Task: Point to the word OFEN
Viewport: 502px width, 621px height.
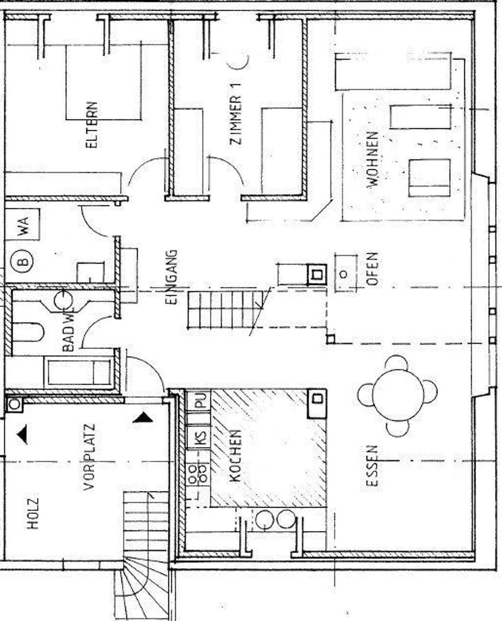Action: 372,269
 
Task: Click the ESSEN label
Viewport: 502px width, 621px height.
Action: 372,466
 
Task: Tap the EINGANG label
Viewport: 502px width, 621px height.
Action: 172,277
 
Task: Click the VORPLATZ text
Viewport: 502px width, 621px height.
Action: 89,457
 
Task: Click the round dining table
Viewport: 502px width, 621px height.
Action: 398,395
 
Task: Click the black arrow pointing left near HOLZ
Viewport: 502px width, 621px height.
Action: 23,436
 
